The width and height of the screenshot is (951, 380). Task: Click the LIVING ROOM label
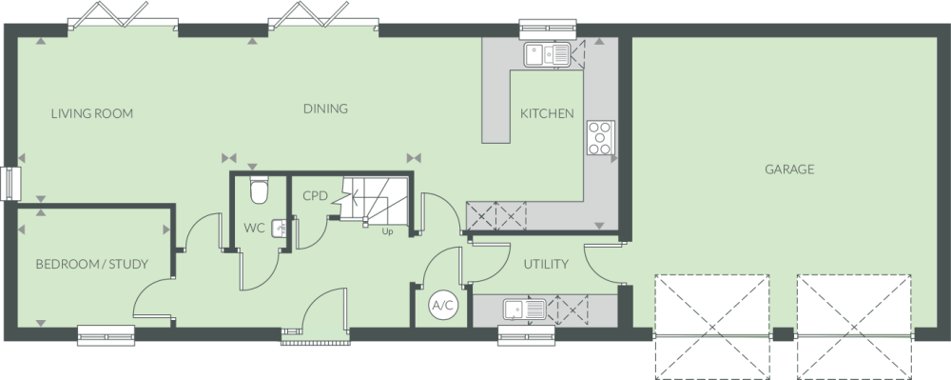point(91,113)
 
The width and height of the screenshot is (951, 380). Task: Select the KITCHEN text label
point(547,113)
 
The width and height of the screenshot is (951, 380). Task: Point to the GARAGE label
point(789,170)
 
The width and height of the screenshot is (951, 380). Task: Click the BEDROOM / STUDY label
point(91,264)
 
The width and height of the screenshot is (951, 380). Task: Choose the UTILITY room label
point(546,264)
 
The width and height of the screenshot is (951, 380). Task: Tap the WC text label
point(254,229)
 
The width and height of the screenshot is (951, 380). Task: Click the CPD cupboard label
point(315,196)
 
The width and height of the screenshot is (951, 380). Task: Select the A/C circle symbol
point(442,306)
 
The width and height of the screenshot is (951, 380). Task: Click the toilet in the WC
point(259,190)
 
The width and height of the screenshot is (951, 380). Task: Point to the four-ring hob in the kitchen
point(600,138)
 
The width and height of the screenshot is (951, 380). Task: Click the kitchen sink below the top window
point(547,54)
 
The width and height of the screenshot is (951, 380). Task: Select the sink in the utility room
point(525,310)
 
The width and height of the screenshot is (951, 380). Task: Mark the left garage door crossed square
point(712,328)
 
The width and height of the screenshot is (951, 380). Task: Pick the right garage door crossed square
point(854,328)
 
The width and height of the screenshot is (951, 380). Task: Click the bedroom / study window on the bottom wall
point(107,335)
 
